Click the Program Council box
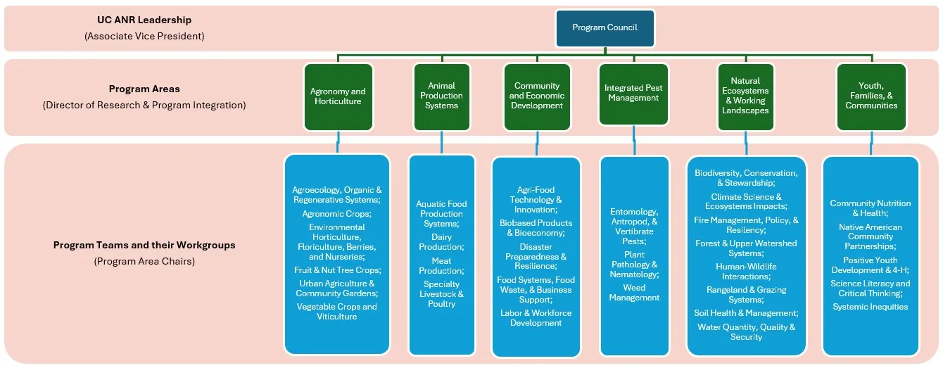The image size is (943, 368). (605, 28)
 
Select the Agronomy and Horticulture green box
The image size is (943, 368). (338, 96)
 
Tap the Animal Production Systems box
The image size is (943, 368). (441, 96)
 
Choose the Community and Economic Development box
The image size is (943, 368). (536, 96)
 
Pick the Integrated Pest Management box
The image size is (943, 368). (633, 94)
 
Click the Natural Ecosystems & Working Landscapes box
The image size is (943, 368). (745, 96)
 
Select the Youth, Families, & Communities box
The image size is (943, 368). (871, 96)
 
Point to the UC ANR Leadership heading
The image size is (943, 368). (144, 20)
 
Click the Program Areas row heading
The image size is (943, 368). (144, 89)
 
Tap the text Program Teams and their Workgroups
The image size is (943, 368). (144, 246)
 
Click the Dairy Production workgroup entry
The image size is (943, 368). (441, 242)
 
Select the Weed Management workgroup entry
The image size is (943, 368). (634, 293)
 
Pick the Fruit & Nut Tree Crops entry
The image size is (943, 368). (337, 270)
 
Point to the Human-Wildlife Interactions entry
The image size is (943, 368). (746, 272)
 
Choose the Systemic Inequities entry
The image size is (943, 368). (870, 307)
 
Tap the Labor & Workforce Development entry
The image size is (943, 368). (536, 318)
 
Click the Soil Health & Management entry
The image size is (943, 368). (746, 313)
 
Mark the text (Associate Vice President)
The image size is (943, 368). (144, 36)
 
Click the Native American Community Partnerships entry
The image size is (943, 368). (870, 237)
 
